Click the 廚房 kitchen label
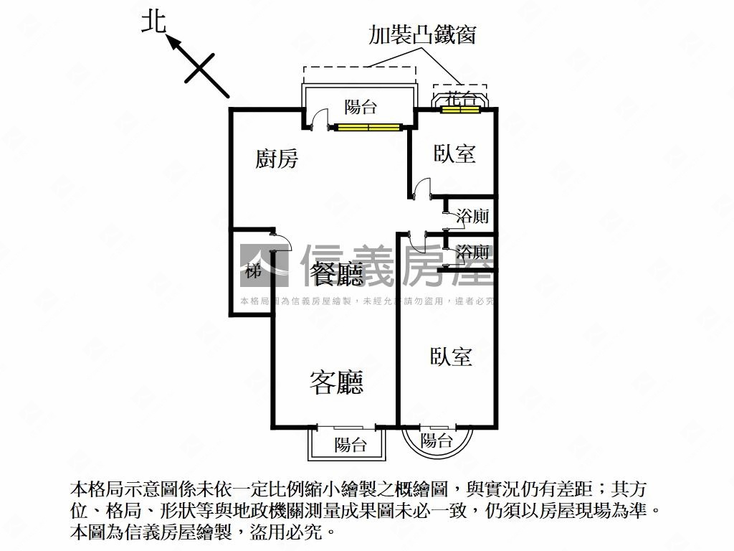[276, 159]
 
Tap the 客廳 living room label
[336, 382]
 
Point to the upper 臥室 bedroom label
[454, 154]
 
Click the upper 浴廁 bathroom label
[473, 216]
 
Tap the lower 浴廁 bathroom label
[473, 252]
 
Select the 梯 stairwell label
[253, 270]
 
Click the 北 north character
[154, 22]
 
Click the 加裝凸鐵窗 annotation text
[421, 34]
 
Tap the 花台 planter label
[461, 99]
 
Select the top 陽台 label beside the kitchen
[360, 107]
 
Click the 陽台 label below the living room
[350, 444]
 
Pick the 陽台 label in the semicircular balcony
[437, 441]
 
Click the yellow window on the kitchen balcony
[368, 127]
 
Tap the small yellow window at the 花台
[461, 110]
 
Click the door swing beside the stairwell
[282, 242]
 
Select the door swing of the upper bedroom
[421, 187]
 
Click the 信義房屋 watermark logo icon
[264, 265]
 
